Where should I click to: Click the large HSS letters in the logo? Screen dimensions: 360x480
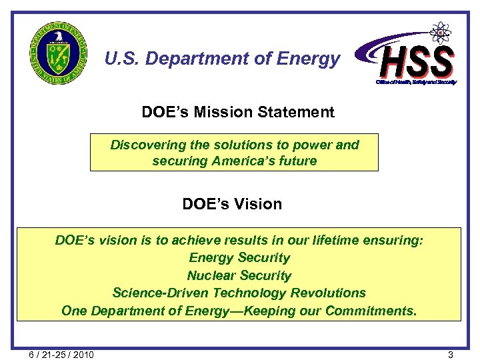[417, 61]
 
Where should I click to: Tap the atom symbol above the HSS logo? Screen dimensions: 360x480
[440, 33]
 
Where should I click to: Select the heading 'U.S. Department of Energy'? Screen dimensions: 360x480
[222, 59]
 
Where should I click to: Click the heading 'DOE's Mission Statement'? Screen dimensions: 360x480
[238, 112]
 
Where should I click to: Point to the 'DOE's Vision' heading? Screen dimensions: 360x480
[232, 204]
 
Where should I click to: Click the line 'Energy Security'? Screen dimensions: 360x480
[239, 257]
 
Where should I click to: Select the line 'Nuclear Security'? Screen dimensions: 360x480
[239, 275]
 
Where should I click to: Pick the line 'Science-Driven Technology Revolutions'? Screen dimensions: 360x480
[239, 293]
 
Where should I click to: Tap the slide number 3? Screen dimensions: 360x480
[451, 354]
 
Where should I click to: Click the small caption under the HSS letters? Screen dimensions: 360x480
[416, 82]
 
